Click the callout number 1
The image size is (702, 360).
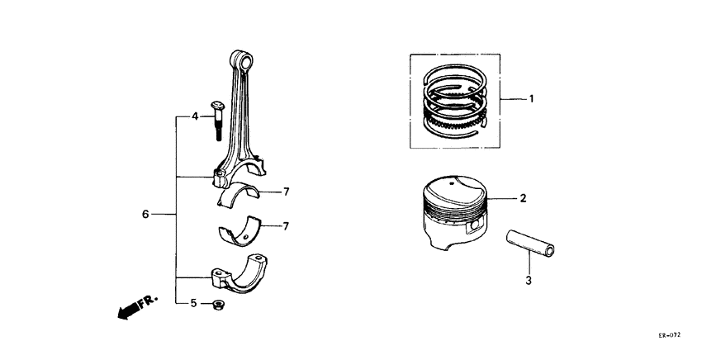tap(532, 99)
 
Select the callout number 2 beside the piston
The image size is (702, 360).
tap(523, 199)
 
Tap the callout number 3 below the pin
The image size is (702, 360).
tap(529, 281)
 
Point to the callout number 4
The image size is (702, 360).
tap(196, 116)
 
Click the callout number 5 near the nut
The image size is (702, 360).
tap(194, 303)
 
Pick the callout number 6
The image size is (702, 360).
tap(145, 214)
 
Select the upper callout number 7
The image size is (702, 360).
tap(285, 192)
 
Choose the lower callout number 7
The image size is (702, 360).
tap(285, 225)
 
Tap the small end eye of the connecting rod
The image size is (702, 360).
tap(244, 60)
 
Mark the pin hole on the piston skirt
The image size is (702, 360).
tap(475, 226)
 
